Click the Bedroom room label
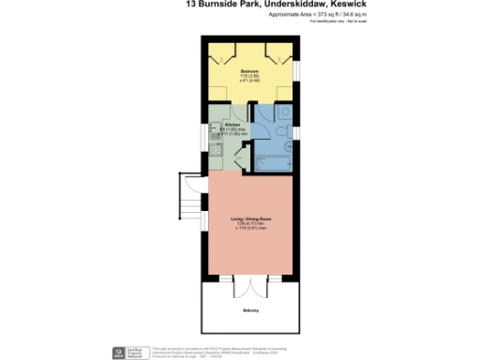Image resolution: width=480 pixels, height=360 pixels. coord(248,70)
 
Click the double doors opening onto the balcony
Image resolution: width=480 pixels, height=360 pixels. coord(249,285)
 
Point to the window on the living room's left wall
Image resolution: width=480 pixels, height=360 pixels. coord(203,221)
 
